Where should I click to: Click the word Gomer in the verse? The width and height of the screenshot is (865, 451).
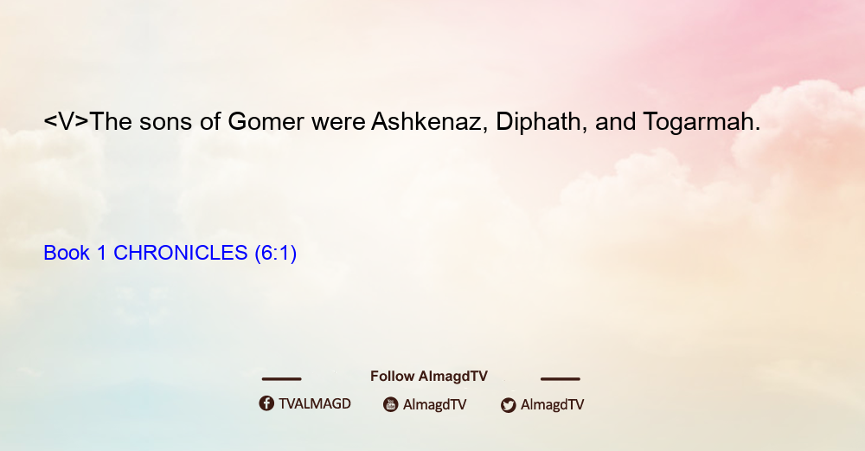(266, 121)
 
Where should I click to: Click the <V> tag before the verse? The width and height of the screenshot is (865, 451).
(67, 121)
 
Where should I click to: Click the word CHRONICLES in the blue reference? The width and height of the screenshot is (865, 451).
(181, 253)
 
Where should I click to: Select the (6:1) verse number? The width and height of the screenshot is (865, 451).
(275, 253)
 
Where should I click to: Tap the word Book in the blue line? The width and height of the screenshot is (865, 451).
(67, 253)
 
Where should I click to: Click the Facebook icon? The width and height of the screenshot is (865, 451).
(266, 403)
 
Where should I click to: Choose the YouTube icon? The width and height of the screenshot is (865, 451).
(391, 404)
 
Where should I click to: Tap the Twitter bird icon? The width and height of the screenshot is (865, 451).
(508, 405)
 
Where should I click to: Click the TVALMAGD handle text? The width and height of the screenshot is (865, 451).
(315, 403)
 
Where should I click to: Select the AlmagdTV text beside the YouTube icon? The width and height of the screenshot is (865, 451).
(435, 404)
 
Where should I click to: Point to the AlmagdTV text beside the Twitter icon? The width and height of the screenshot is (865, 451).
(552, 404)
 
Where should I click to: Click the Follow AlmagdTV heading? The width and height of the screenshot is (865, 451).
(429, 376)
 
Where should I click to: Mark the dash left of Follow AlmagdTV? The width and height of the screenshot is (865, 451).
(281, 378)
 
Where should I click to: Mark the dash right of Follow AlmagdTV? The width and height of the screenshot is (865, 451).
(561, 378)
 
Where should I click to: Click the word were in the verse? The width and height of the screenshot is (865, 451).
(338, 123)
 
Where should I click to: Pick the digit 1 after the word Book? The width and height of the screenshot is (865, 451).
(101, 253)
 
